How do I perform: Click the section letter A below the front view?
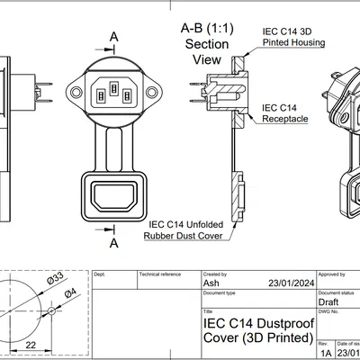(114, 243)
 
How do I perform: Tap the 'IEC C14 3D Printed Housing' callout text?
(293, 36)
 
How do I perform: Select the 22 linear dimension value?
(31, 344)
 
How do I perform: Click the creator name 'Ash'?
(212, 283)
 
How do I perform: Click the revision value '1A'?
(325, 354)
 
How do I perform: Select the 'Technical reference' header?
(158, 273)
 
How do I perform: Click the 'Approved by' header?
(333, 273)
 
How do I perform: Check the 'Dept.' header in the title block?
(100, 273)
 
